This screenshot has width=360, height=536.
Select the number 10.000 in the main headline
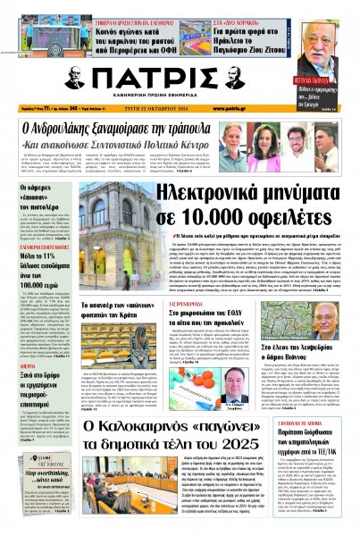tap(206, 220)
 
